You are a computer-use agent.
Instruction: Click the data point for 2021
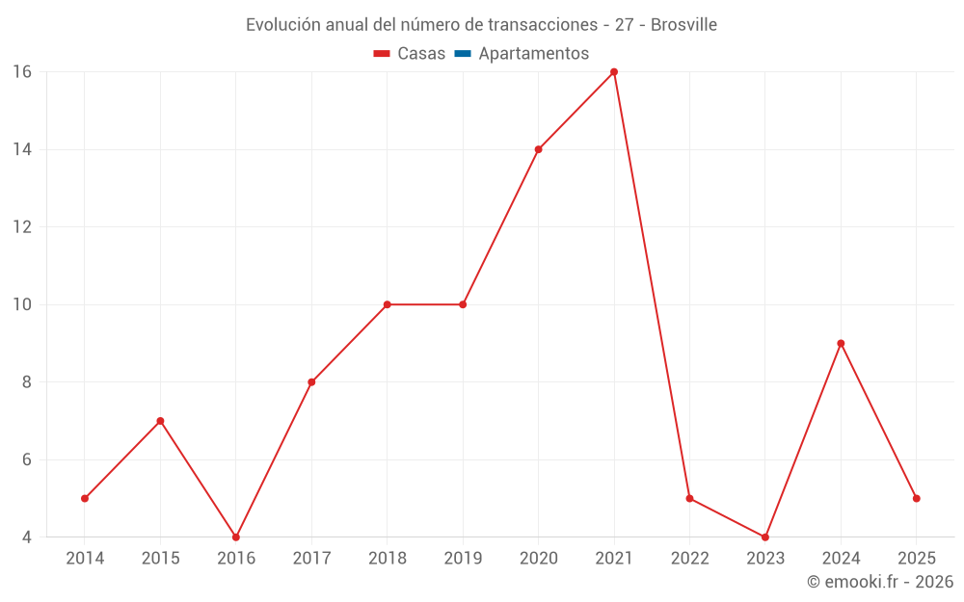click(x=614, y=72)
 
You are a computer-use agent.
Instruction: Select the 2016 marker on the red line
click(x=236, y=537)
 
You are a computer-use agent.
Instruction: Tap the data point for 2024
click(x=841, y=343)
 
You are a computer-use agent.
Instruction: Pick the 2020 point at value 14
click(x=538, y=149)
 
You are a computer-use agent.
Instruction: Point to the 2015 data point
click(x=160, y=421)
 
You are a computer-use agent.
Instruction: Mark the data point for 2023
click(x=765, y=537)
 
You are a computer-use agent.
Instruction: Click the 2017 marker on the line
click(x=311, y=381)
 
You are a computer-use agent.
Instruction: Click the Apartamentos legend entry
click(x=533, y=54)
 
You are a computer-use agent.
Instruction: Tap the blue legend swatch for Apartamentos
click(x=463, y=54)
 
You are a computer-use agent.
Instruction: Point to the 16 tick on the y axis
click(x=22, y=72)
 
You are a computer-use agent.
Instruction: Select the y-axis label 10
click(x=22, y=304)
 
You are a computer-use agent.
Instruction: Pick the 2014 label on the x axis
click(x=85, y=559)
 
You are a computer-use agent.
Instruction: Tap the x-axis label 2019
click(x=463, y=559)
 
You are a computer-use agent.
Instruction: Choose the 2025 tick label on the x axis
click(x=916, y=559)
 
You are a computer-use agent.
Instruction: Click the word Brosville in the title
click(x=683, y=25)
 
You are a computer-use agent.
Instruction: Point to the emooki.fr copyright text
click(x=880, y=582)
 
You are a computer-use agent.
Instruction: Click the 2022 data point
click(x=689, y=498)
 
